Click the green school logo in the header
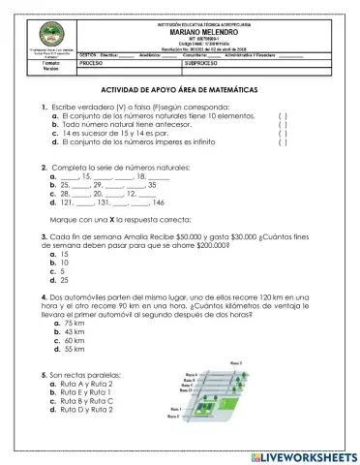point(40,32)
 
